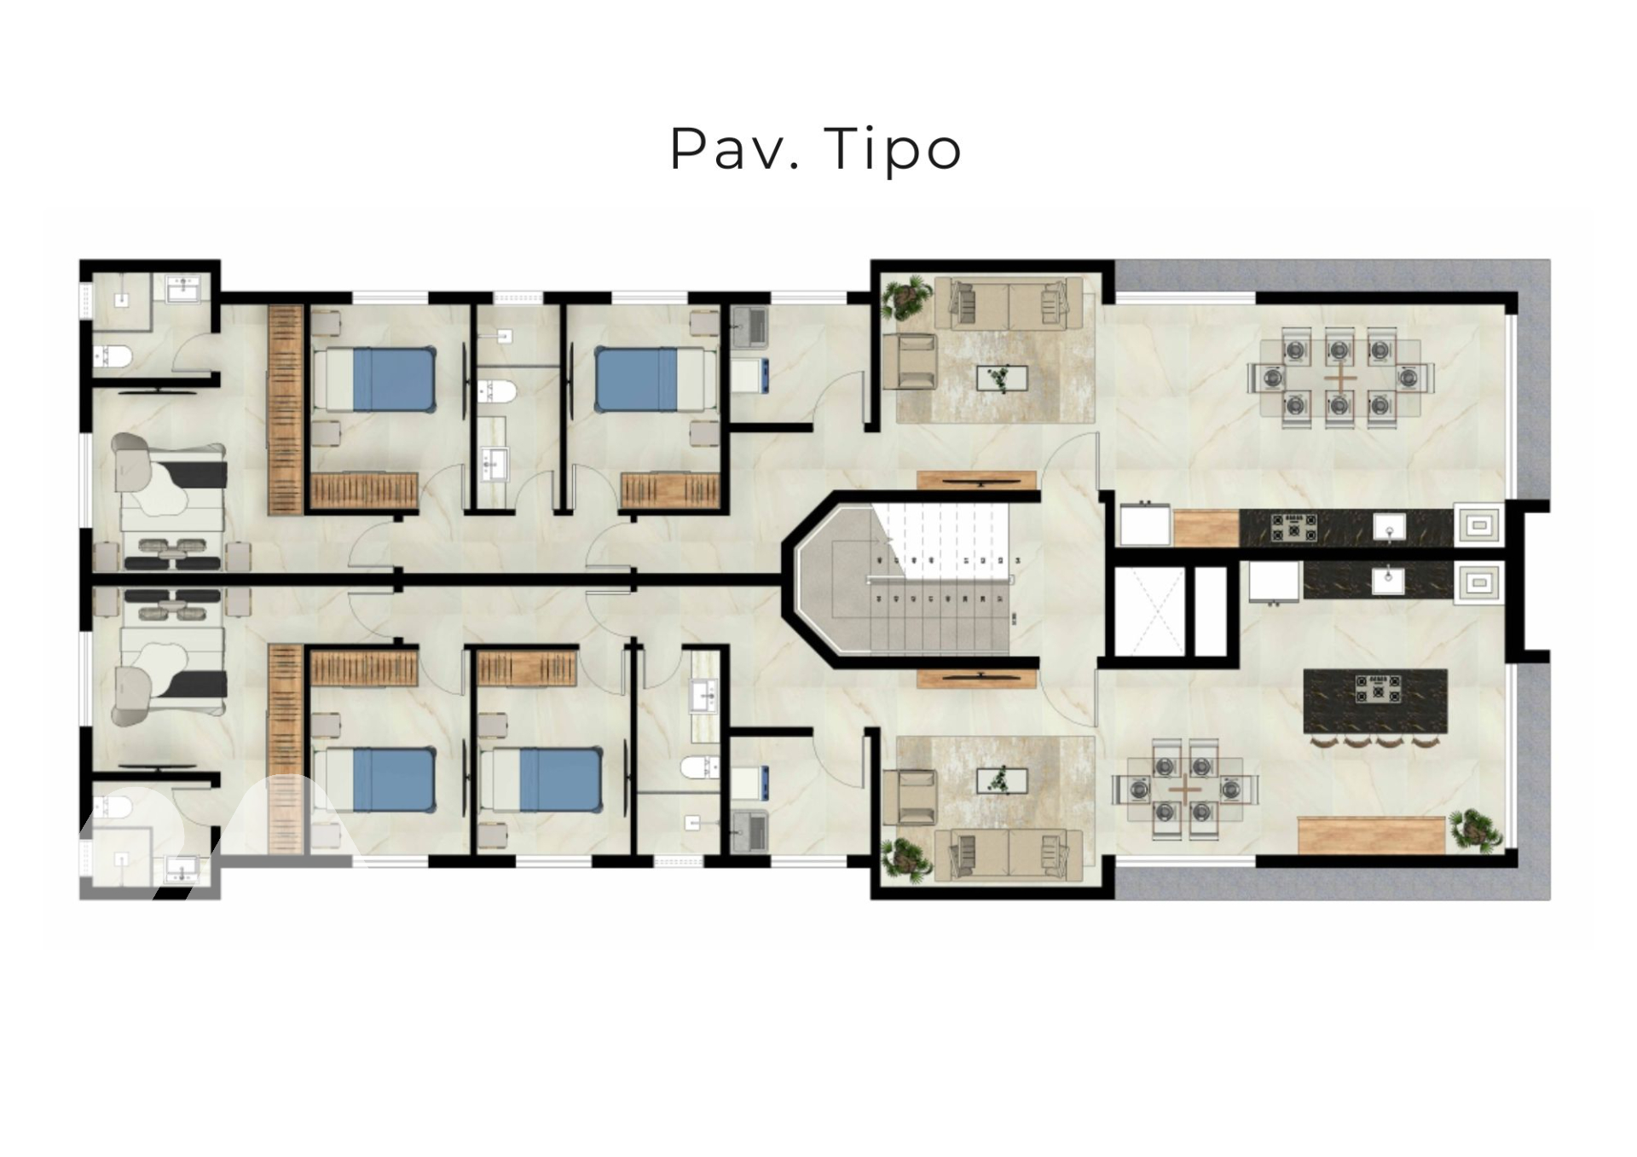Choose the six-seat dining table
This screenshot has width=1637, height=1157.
click(x=1184, y=790)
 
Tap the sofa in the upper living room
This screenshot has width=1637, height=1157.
click(x=1009, y=304)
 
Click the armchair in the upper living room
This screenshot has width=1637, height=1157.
click(x=910, y=361)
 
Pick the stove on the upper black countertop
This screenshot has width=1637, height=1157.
click(x=1293, y=526)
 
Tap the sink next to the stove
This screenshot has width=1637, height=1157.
click(x=1389, y=527)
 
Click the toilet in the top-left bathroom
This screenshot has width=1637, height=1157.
click(x=112, y=356)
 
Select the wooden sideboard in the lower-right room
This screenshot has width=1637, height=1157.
click(x=1371, y=835)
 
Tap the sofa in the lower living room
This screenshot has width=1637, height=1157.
click(x=1009, y=856)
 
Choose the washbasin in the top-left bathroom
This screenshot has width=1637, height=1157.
click(x=183, y=290)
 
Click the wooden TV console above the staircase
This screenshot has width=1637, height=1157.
click(x=977, y=481)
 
